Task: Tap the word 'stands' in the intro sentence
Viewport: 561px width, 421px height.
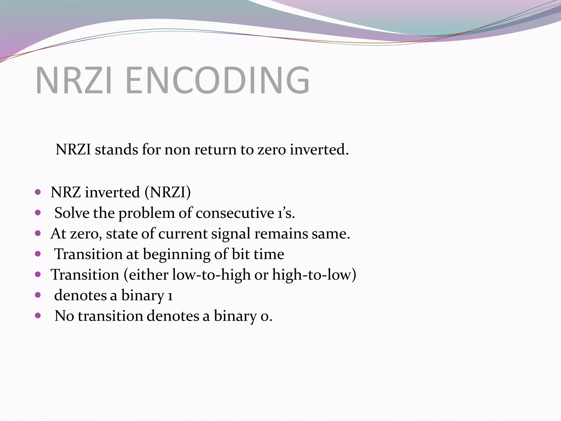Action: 116,150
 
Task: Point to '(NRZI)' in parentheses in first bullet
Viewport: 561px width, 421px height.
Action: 167,192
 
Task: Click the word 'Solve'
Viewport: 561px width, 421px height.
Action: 72,213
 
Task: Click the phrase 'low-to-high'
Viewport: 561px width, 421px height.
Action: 211,275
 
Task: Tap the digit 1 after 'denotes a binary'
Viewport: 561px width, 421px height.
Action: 170,296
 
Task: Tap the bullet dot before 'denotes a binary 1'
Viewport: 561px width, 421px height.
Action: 38,295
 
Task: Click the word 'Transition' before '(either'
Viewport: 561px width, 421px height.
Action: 85,275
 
